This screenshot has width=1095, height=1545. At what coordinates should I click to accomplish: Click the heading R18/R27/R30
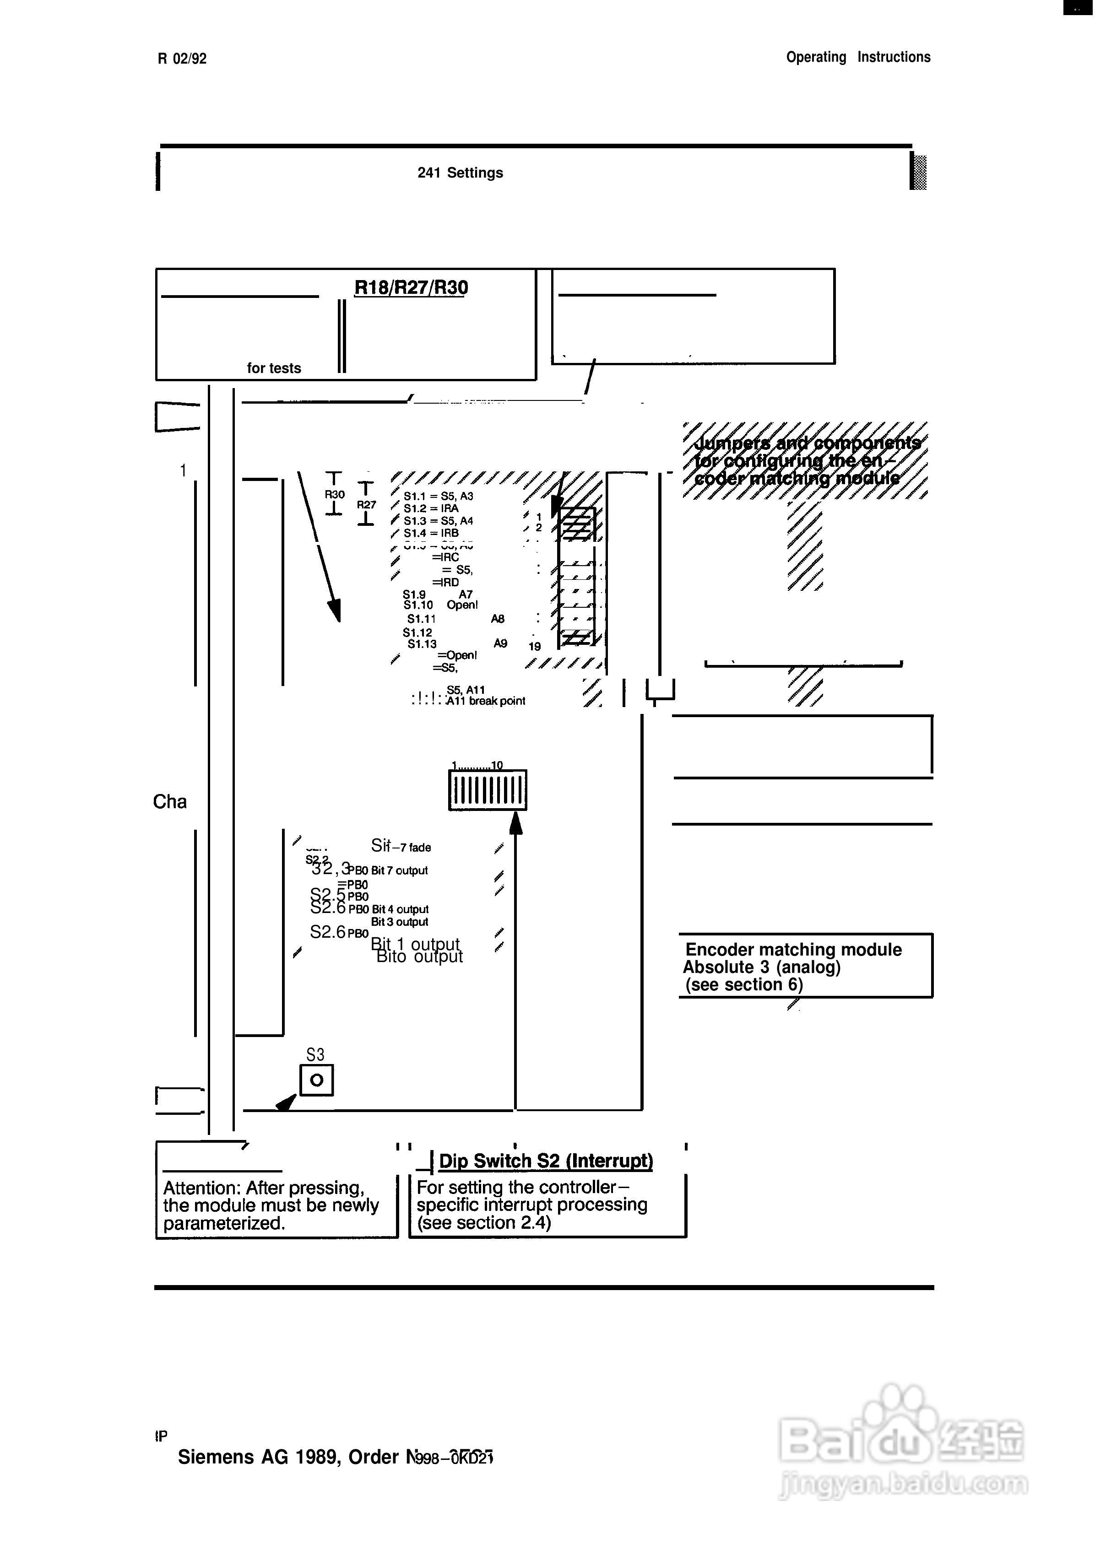pos(411,288)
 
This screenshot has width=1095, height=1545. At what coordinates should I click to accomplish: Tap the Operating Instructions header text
pos(858,57)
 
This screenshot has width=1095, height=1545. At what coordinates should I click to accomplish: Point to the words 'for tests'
pos(274,368)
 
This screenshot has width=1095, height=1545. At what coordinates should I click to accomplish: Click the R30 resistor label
pos(335,494)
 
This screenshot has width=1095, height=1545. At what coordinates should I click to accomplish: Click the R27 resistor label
pos(366,504)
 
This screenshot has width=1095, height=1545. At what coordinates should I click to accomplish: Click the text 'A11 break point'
pos(485,701)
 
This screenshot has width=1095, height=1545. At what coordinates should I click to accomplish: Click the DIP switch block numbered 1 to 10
pos(488,790)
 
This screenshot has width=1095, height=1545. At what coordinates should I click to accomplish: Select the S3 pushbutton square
pos(316,1080)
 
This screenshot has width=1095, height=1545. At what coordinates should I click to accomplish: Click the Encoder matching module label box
pos(805,967)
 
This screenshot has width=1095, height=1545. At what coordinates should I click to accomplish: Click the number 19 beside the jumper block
pos(534,647)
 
